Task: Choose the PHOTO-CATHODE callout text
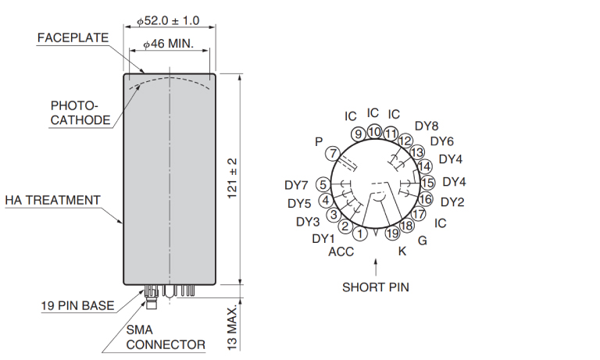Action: tap(75, 112)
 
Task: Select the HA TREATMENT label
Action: tap(52, 200)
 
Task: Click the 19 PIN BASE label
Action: tap(77, 305)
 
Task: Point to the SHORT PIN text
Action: tap(375, 287)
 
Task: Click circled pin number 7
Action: tap(333, 153)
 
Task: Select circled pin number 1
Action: tap(359, 233)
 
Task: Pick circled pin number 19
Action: tap(392, 233)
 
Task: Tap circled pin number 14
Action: tap(425, 166)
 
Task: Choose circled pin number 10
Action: tap(375, 132)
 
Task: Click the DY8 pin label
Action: tap(427, 126)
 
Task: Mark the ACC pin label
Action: tap(341, 251)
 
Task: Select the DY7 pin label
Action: tap(297, 186)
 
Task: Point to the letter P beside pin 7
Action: tap(318, 141)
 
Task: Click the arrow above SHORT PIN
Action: tap(376, 268)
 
